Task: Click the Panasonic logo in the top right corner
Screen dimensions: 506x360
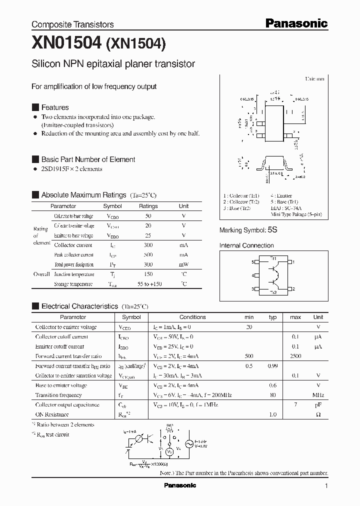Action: tap(295, 23)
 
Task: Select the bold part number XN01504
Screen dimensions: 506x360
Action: tap(66, 44)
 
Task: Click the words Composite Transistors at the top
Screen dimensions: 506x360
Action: tap(72, 24)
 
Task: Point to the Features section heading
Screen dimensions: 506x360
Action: tap(54, 107)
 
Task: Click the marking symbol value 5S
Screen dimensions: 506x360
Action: tap(272, 230)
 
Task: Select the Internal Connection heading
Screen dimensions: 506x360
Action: tap(246, 245)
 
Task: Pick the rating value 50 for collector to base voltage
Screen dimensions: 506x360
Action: tap(148, 216)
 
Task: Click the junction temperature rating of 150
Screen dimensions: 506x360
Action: tap(148, 274)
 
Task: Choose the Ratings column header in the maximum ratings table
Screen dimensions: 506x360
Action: tap(148, 206)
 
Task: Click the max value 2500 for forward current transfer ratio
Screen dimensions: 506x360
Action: tap(295, 356)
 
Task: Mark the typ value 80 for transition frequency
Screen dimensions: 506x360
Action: tap(272, 395)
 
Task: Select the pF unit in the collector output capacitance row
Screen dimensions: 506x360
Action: tap(318, 404)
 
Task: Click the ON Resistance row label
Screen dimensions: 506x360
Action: tap(52, 414)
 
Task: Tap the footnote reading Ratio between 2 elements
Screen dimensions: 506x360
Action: tap(65, 424)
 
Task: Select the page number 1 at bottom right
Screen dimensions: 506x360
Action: tap(326, 486)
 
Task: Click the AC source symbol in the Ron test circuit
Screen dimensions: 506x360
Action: tap(189, 443)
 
